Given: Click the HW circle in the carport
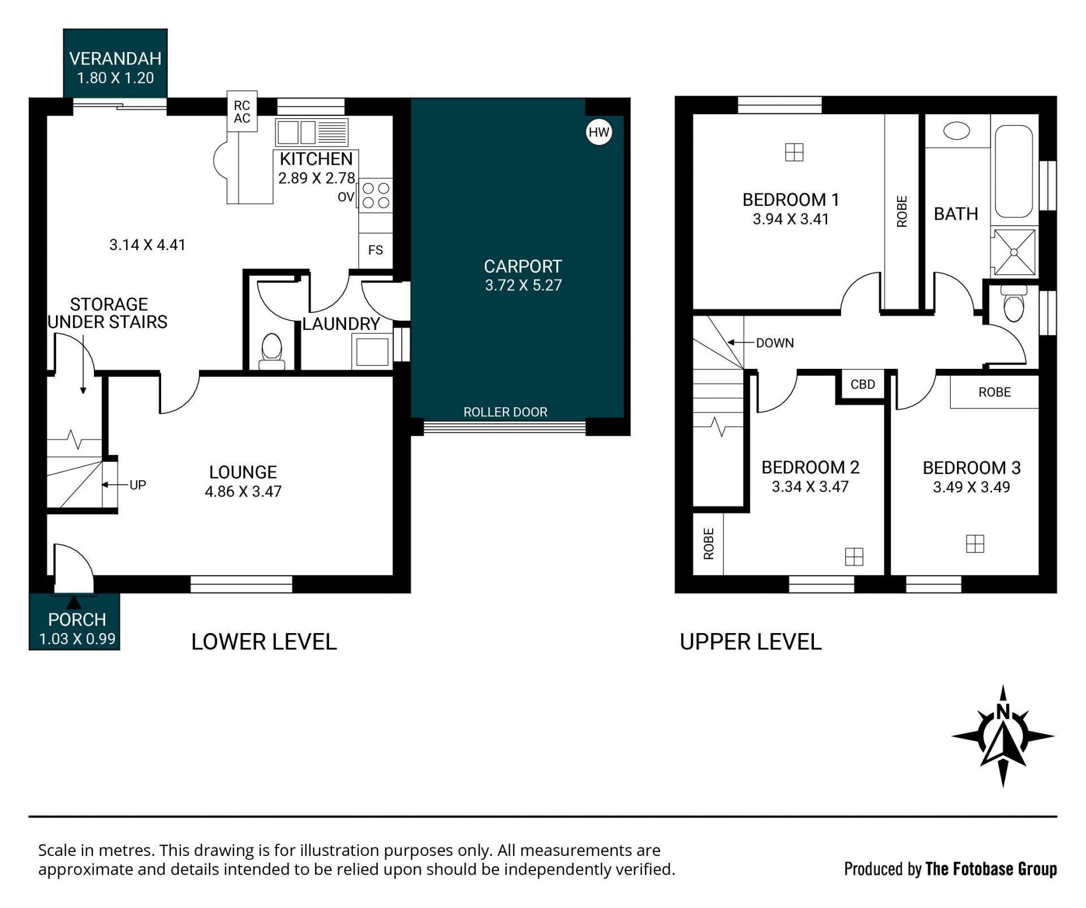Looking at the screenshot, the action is [599, 132].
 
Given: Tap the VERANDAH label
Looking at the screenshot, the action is [115, 59].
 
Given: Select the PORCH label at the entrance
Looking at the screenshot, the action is [77, 619].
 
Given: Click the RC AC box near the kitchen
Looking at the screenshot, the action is [242, 111].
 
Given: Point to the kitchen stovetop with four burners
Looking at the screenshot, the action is [376, 195].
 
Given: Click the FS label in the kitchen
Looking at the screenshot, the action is [376, 250].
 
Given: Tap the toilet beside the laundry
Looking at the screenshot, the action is [272, 351].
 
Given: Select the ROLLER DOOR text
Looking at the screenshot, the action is [505, 412].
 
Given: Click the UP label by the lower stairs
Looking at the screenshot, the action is [137, 485].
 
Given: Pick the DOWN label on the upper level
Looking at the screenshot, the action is [775, 343].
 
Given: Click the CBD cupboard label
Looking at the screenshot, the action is [863, 385].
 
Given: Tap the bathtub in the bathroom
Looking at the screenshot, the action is [1014, 171].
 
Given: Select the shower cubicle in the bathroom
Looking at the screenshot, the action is [1014, 252].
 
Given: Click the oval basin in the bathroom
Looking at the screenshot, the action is [956, 131].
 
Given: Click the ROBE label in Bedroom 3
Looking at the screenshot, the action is [994, 392].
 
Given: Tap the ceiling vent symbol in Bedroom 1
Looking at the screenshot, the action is [794, 152].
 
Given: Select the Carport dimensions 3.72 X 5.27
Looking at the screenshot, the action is [523, 285].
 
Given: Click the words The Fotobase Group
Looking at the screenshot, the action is [991, 869].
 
